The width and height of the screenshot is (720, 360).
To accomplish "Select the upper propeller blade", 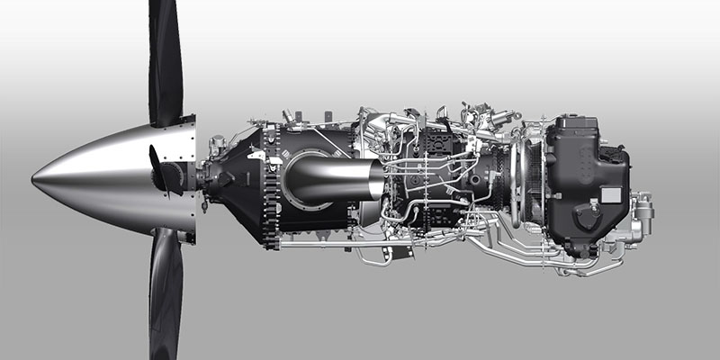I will click(x=165, y=54).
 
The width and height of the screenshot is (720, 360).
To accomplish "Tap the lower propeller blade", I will click(x=166, y=297).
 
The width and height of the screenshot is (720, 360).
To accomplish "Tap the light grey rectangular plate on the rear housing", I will click(x=611, y=194).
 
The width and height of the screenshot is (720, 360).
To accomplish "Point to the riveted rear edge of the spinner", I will click(x=192, y=175).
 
